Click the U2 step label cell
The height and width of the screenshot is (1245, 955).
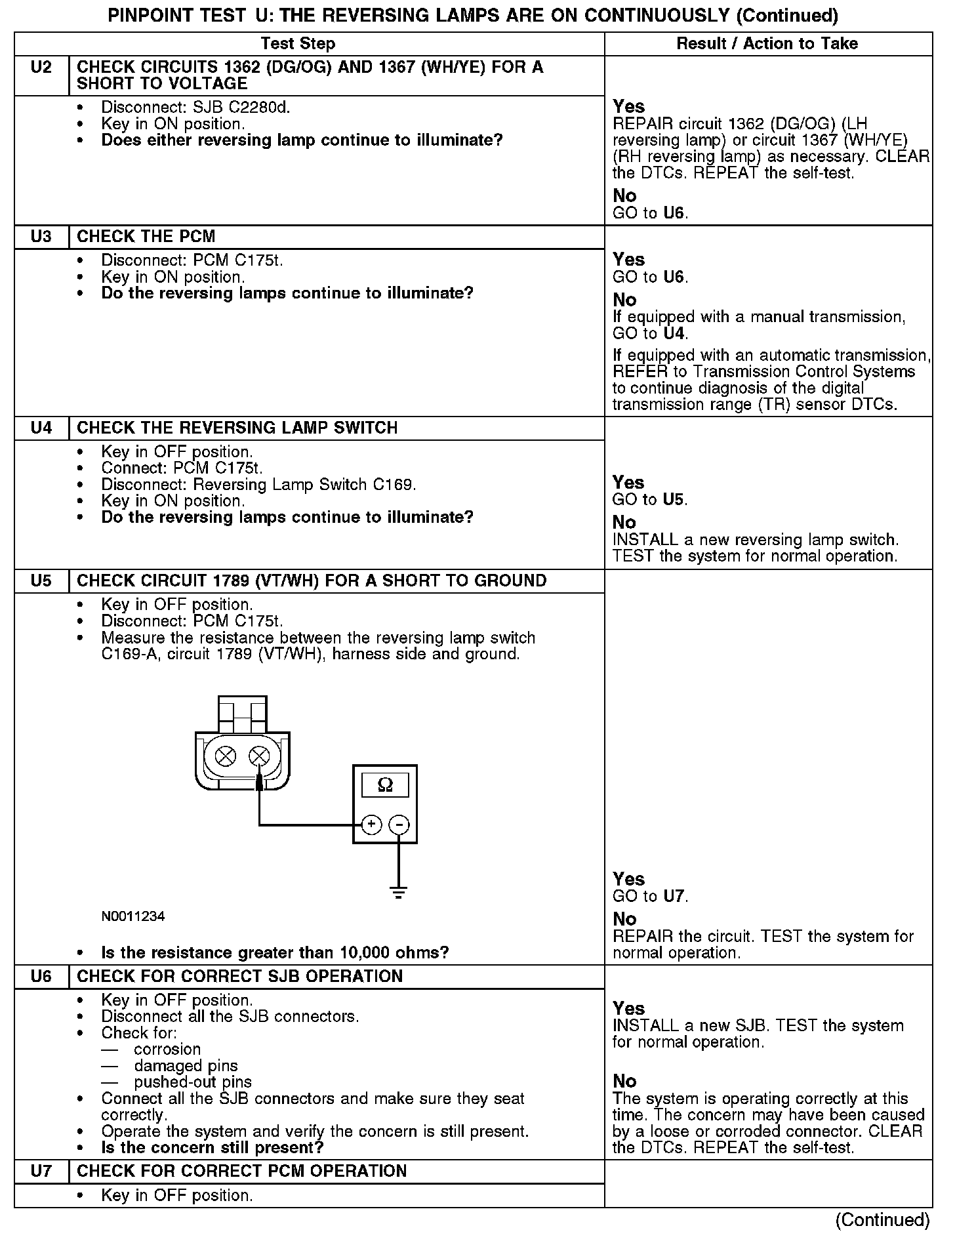(41, 68)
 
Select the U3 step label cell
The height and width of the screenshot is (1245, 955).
(41, 237)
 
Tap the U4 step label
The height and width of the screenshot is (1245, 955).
(41, 428)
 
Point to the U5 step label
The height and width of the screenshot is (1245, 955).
(41, 581)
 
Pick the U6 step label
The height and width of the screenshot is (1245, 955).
(41, 977)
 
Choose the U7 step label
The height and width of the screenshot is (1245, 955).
(41, 1172)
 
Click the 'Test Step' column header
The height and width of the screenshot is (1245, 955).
(298, 44)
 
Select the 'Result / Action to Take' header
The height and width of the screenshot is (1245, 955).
(767, 44)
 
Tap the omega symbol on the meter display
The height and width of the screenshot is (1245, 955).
(385, 785)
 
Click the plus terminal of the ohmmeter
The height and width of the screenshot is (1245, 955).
(371, 825)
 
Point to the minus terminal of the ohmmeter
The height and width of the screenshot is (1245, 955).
(399, 825)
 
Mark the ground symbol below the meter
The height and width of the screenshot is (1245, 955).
(398, 893)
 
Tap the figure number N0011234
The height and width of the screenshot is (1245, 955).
(133, 916)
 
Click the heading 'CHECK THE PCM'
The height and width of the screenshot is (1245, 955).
(146, 237)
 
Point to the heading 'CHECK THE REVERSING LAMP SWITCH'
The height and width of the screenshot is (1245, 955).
(237, 428)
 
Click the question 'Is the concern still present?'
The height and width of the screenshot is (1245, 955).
(213, 1148)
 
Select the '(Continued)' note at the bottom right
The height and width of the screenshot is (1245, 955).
(882, 1220)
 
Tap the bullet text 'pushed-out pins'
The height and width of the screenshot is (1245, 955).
(193, 1082)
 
